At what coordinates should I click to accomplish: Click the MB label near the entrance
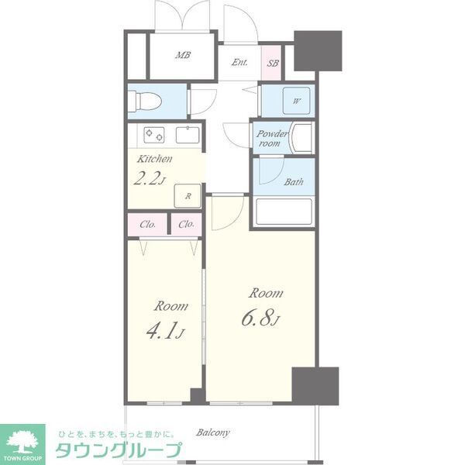coord(183,55)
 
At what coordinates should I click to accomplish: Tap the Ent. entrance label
coord(239,63)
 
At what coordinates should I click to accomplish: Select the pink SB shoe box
coord(273,63)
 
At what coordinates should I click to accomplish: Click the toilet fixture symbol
coord(146,100)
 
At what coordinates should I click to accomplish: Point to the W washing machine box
coord(297,101)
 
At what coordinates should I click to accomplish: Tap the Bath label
coord(293,183)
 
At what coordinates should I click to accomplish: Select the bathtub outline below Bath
coord(284,212)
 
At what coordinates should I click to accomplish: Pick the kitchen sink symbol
coord(188,135)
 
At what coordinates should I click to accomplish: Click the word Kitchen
coord(154,159)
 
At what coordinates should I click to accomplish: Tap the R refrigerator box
coord(188,197)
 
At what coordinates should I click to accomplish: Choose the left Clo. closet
coord(147,225)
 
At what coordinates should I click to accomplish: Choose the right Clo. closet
coord(186,225)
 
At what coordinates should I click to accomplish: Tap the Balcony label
coord(212,432)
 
